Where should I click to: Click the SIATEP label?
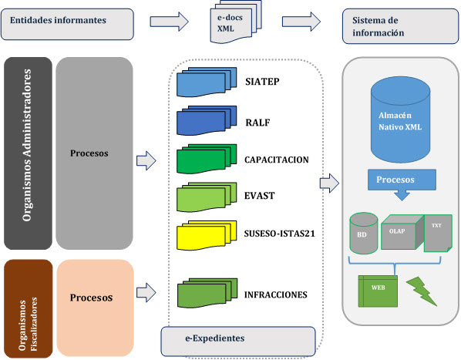click(x=262, y=82)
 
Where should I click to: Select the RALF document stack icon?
click(x=207, y=120)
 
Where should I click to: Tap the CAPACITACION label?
click(x=276, y=160)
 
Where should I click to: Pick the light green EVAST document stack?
click(x=207, y=197)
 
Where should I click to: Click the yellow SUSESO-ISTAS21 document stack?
click(x=207, y=235)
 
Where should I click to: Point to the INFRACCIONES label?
click(x=276, y=294)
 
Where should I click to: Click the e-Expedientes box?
click(x=238, y=341)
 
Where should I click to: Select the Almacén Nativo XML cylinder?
click(x=400, y=119)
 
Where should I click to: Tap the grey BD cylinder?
click(x=364, y=233)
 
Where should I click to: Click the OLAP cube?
click(x=402, y=232)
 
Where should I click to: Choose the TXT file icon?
click(x=438, y=234)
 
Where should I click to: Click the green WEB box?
click(x=378, y=291)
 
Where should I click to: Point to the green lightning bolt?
click(x=422, y=291)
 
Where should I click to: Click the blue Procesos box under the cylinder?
click(x=402, y=184)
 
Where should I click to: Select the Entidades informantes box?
click(x=67, y=24)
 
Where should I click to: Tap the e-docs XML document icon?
click(x=236, y=22)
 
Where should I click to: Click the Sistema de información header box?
click(x=400, y=26)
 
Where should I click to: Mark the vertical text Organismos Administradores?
click(x=27, y=145)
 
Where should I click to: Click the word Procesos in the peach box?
click(x=91, y=298)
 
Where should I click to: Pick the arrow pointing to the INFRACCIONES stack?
click(x=146, y=292)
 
